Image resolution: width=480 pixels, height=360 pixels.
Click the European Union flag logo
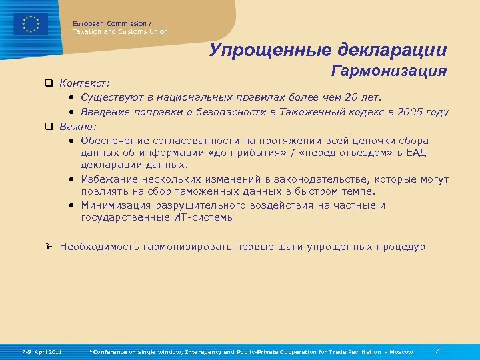click(31, 24)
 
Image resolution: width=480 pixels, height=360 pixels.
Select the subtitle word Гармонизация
click(389, 72)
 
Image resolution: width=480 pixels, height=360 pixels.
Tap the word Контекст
click(84, 84)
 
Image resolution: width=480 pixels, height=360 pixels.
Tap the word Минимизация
click(114, 205)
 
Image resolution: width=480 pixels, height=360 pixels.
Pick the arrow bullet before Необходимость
click(49, 246)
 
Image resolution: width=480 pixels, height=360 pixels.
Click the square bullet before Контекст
click(49, 84)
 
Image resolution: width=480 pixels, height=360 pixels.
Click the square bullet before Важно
click(49, 125)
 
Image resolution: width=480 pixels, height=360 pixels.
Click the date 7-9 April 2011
click(41, 352)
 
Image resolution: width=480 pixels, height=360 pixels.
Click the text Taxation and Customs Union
click(120, 31)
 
